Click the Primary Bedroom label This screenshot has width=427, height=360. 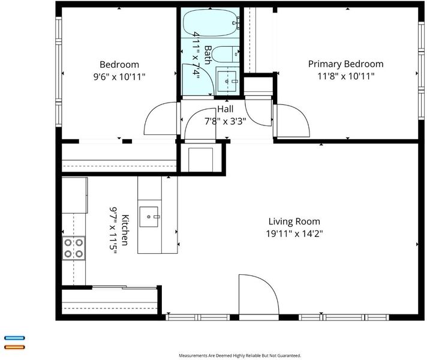pos(345,64)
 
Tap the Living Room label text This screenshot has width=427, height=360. pos(294,221)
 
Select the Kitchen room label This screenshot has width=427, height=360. pos(125,230)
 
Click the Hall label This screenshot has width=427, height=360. pos(225,109)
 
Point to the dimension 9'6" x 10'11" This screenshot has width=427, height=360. pos(119,77)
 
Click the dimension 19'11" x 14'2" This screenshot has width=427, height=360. pos(294,233)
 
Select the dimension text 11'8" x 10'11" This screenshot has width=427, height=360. pos(346,76)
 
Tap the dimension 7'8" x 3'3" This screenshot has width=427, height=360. pos(225,121)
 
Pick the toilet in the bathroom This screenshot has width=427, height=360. pos(225,54)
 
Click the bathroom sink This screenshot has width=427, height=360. pos(227,81)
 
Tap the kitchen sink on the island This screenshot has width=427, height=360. pos(149,217)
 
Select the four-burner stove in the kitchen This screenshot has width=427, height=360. pos(74,248)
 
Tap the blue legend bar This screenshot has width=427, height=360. pos(14,338)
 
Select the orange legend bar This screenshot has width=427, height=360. pos(14,347)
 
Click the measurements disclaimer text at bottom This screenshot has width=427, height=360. pos(240,355)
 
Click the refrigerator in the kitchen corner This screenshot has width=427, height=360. pos(74,195)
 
